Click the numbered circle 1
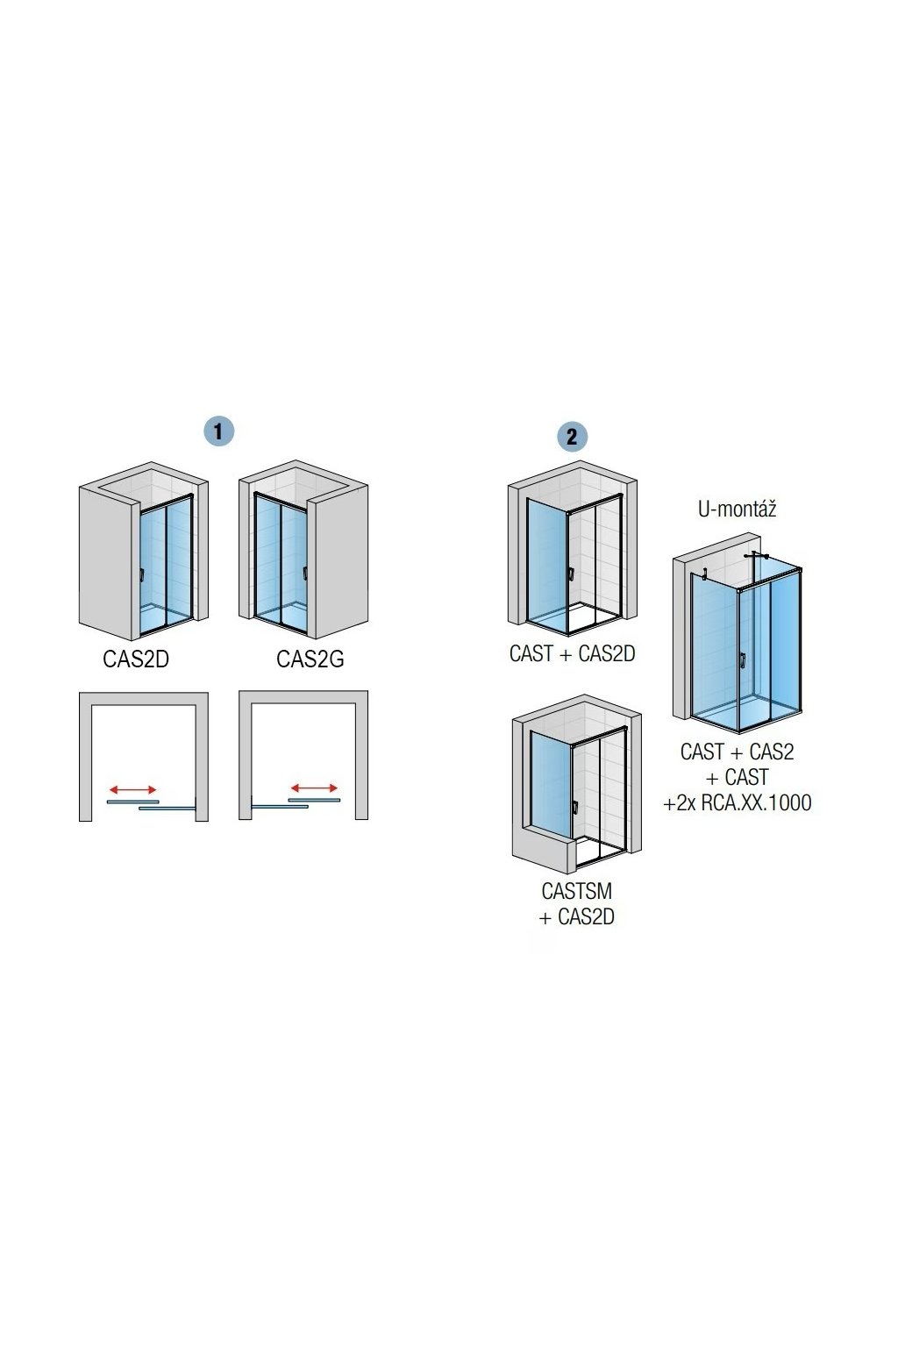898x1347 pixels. pyautogui.click(x=218, y=431)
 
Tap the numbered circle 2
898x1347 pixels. pyautogui.click(x=572, y=437)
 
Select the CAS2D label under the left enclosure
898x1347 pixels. pyautogui.click(x=136, y=659)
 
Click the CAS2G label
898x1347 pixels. pyautogui.click(x=310, y=659)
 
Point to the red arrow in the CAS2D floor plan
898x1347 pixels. pyautogui.click(x=133, y=790)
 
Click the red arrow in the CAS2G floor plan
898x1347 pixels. pyautogui.click(x=314, y=788)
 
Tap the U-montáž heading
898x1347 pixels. pyautogui.click(x=737, y=509)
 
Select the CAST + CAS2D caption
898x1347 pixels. pyautogui.click(x=572, y=654)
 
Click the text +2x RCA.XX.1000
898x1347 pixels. pyautogui.click(x=738, y=802)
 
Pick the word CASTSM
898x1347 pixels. pyautogui.click(x=576, y=891)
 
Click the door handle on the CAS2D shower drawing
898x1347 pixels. pyautogui.click(x=141, y=575)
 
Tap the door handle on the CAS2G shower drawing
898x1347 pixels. pyautogui.click(x=304, y=574)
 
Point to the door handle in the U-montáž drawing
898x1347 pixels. pyautogui.click(x=742, y=660)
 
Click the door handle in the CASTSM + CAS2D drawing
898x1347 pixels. pyautogui.click(x=574, y=808)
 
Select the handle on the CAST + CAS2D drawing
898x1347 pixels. pyautogui.click(x=571, y=575)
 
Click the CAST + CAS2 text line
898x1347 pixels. pyautogui.click(x=737, y=752)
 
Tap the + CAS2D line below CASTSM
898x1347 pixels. pyautogui.click(x=576, y=917)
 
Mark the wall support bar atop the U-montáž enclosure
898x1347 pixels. pyautogui.click(x=755, y=556)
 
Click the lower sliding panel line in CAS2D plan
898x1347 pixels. pyautogui.click(x=166, y=808)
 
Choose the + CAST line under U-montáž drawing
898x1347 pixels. pyautogui.click(x=737, y=777)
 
